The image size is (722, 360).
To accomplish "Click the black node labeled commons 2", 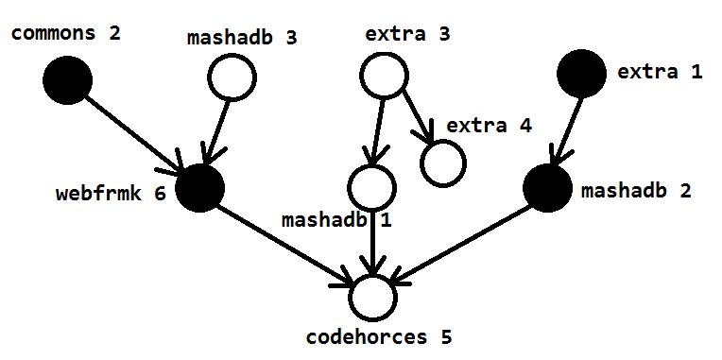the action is click(67, 80).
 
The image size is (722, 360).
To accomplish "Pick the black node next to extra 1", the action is click(581, 74).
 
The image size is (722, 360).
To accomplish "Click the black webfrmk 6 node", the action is click(199, 188).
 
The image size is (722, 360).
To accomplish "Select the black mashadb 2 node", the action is click(547, 188).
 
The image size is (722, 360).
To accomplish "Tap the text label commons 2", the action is click(66, 33).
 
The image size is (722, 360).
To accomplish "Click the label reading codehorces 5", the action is click(379, 337).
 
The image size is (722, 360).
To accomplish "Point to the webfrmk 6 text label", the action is click(111, 194).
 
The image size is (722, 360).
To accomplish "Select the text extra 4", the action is click(489, 126).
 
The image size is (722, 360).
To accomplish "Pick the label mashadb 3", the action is click(242, 38).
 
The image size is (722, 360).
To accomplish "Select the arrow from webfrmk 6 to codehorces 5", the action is click(284, 244).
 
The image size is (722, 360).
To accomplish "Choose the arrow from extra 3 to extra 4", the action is click(418, 116).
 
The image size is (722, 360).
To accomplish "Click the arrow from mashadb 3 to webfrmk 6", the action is click(215, 132).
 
